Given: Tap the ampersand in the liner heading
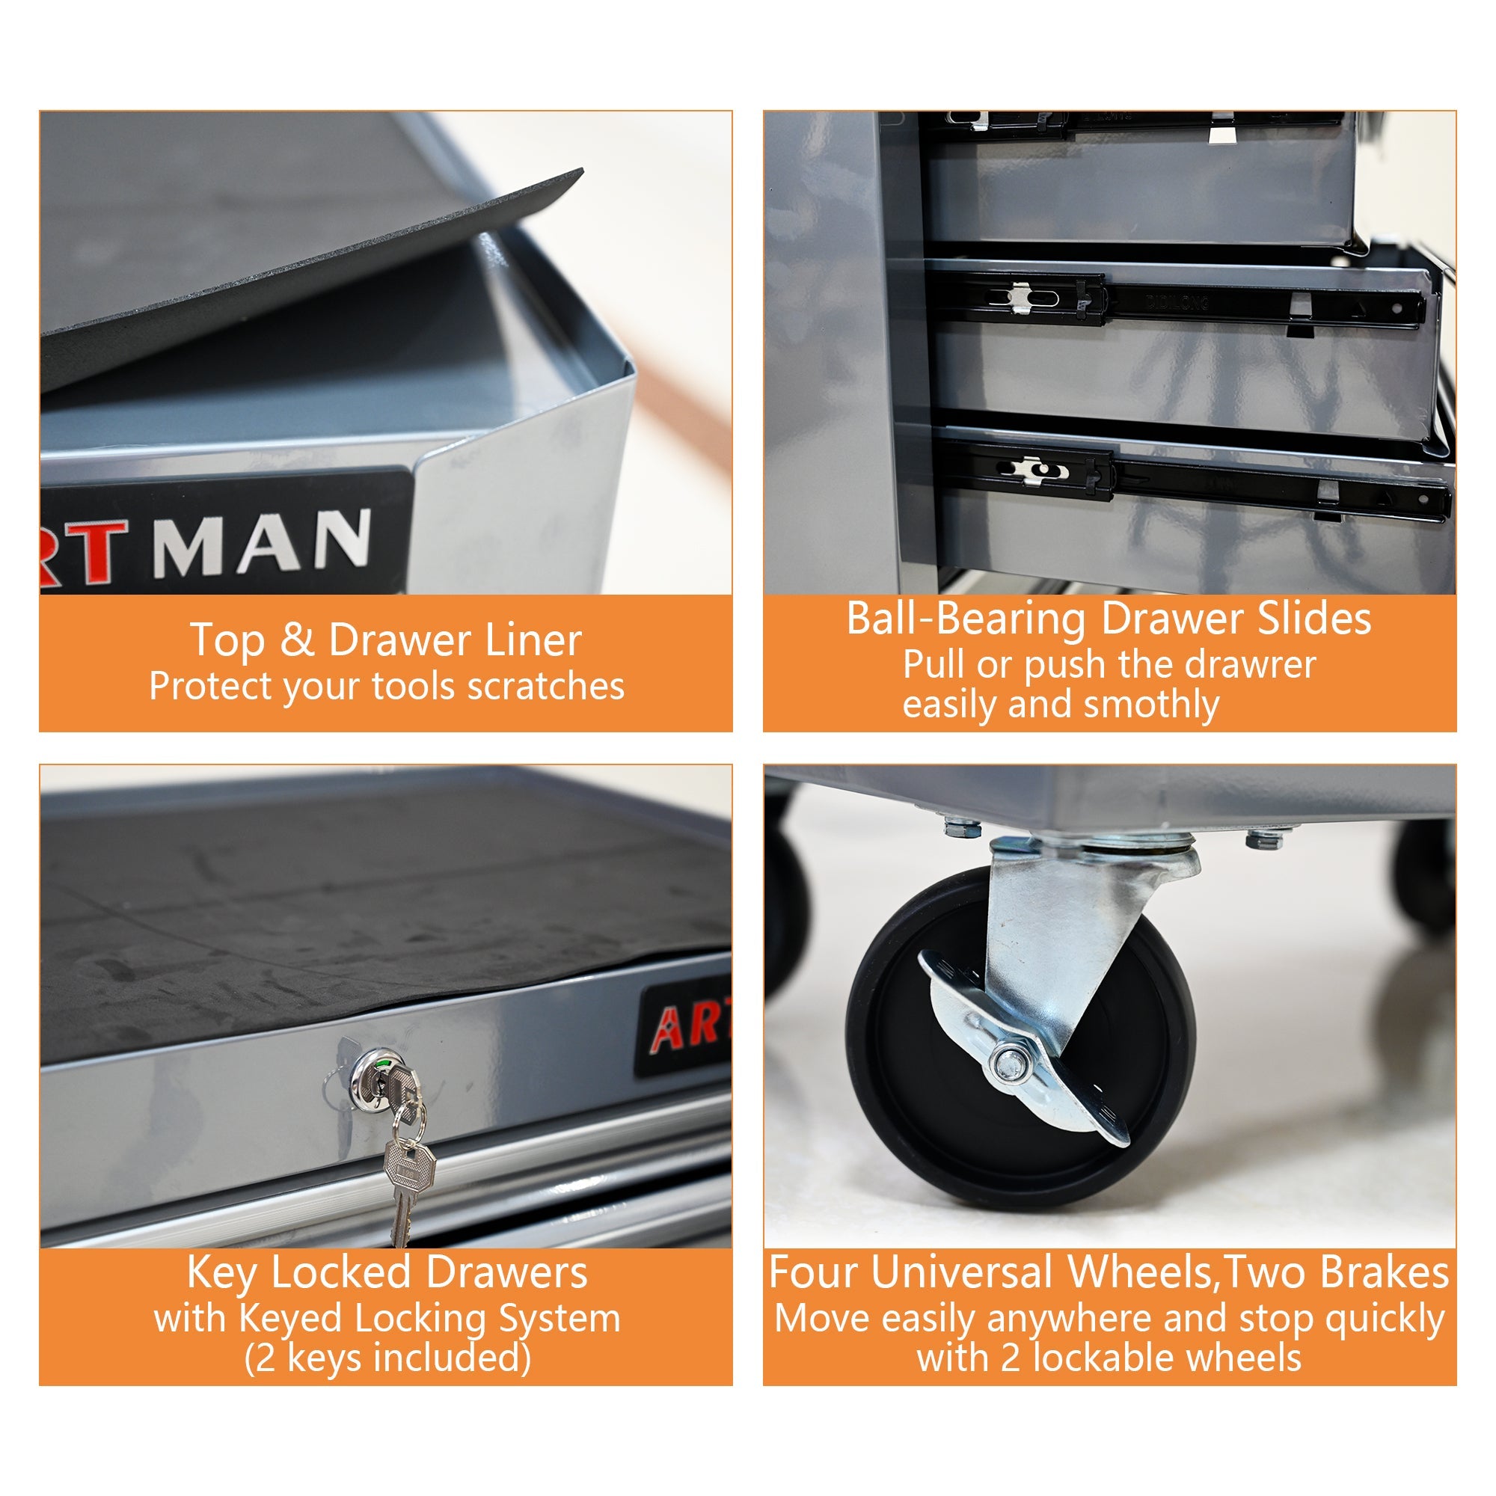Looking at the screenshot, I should point(296,641).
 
